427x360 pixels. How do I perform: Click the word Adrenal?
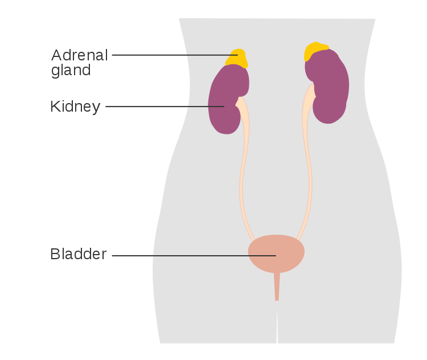(x=80, y=55)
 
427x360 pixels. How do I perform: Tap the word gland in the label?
(x=71, y=71)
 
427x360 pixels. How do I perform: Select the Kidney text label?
(x=75, y=107)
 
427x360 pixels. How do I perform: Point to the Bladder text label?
(x=79, y=254)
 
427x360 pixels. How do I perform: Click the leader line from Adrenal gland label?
(x=175, y=55)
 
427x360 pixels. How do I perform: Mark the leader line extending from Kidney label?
(x=165, y=107)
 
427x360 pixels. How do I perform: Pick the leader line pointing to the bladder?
(x=194, y=256)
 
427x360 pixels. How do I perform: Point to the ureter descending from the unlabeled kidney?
(x=307, y=163)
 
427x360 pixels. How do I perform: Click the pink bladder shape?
(x=276, y=253)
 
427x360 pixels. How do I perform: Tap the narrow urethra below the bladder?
(x=277, y=287)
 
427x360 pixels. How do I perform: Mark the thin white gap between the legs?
(x=277, y=326)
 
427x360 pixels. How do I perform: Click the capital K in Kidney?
(x=55, y=107)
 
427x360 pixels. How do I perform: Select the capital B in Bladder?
(x=55, y=254)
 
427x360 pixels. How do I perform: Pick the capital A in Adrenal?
(x=57, y=55)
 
